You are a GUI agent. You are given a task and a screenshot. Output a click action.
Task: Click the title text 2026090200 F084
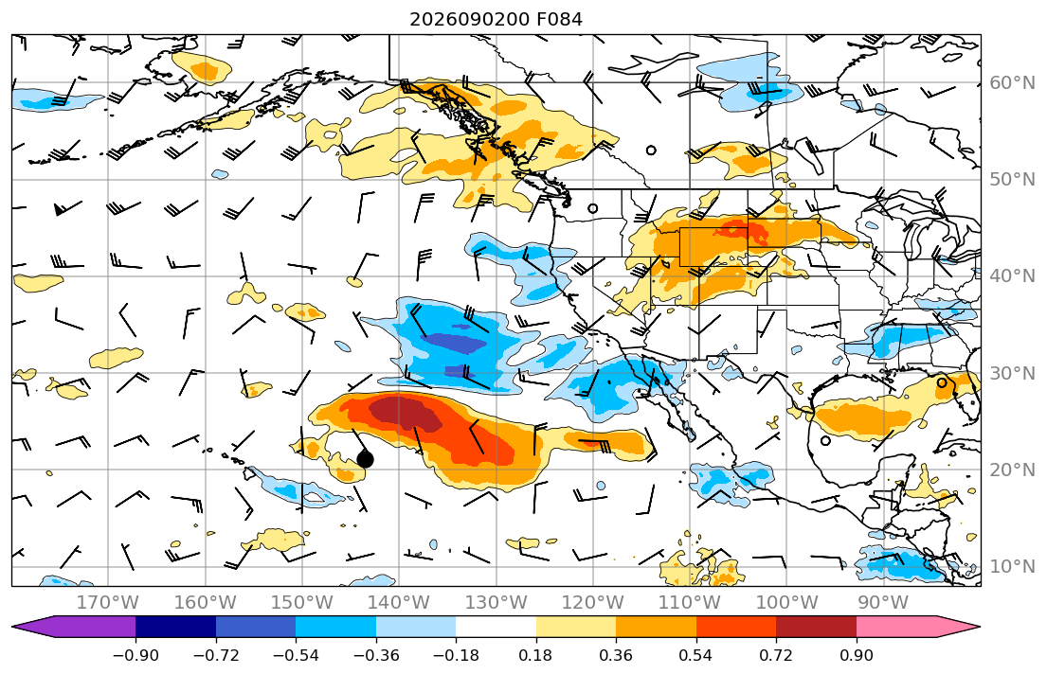[x=496, y=19]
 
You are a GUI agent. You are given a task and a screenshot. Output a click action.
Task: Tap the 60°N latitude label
[x=1012, y=82]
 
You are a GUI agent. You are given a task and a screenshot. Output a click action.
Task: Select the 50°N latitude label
[x=1012, y=180]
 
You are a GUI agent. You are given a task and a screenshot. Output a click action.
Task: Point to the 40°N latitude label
[x=1012, y=275]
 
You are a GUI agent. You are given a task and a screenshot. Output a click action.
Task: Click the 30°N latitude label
[x=1012, y=373]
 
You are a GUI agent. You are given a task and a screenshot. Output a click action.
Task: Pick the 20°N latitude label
[x=1012, y=470]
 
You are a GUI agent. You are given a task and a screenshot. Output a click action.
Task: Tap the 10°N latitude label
[x=1012, y=567]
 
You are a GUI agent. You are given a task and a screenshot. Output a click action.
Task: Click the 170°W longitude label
[x=108, y=603]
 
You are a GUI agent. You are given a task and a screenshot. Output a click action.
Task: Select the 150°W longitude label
[x=302, y=603]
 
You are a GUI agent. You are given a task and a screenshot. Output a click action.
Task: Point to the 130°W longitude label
[x=496, y=603]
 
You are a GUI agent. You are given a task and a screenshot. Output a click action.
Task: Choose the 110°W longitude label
[x=690, y=603]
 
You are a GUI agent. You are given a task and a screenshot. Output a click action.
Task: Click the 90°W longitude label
[x=883, y=603]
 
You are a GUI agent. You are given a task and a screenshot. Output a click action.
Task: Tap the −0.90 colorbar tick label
[x=135, y=655]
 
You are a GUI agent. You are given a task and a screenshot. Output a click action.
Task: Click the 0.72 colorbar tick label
[x=776, y=655]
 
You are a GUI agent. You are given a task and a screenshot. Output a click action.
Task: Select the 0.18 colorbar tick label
[x=536, y=655]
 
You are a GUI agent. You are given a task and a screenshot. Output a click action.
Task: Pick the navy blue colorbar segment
[x=175, y=627]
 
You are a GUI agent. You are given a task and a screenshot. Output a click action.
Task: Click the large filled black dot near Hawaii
[x=365, y=459]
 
